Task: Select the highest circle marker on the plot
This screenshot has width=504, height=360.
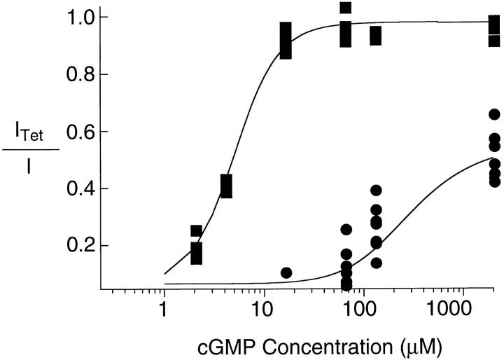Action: click(x=494, y=114)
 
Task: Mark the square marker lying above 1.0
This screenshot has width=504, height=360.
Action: click(x=345, y=8)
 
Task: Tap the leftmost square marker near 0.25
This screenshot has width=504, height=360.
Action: click(x=197, y=231)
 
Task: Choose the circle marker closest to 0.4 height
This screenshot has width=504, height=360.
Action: click(x=376, y=191)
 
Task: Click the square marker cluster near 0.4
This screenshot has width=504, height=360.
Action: click(x=226, y=186)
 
